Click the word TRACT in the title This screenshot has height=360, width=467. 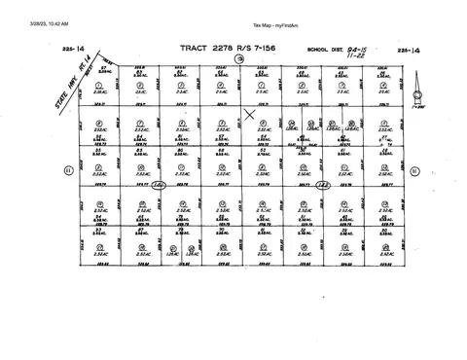(x=191, y=47)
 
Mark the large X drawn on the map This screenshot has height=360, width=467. (x=250, y=115)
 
